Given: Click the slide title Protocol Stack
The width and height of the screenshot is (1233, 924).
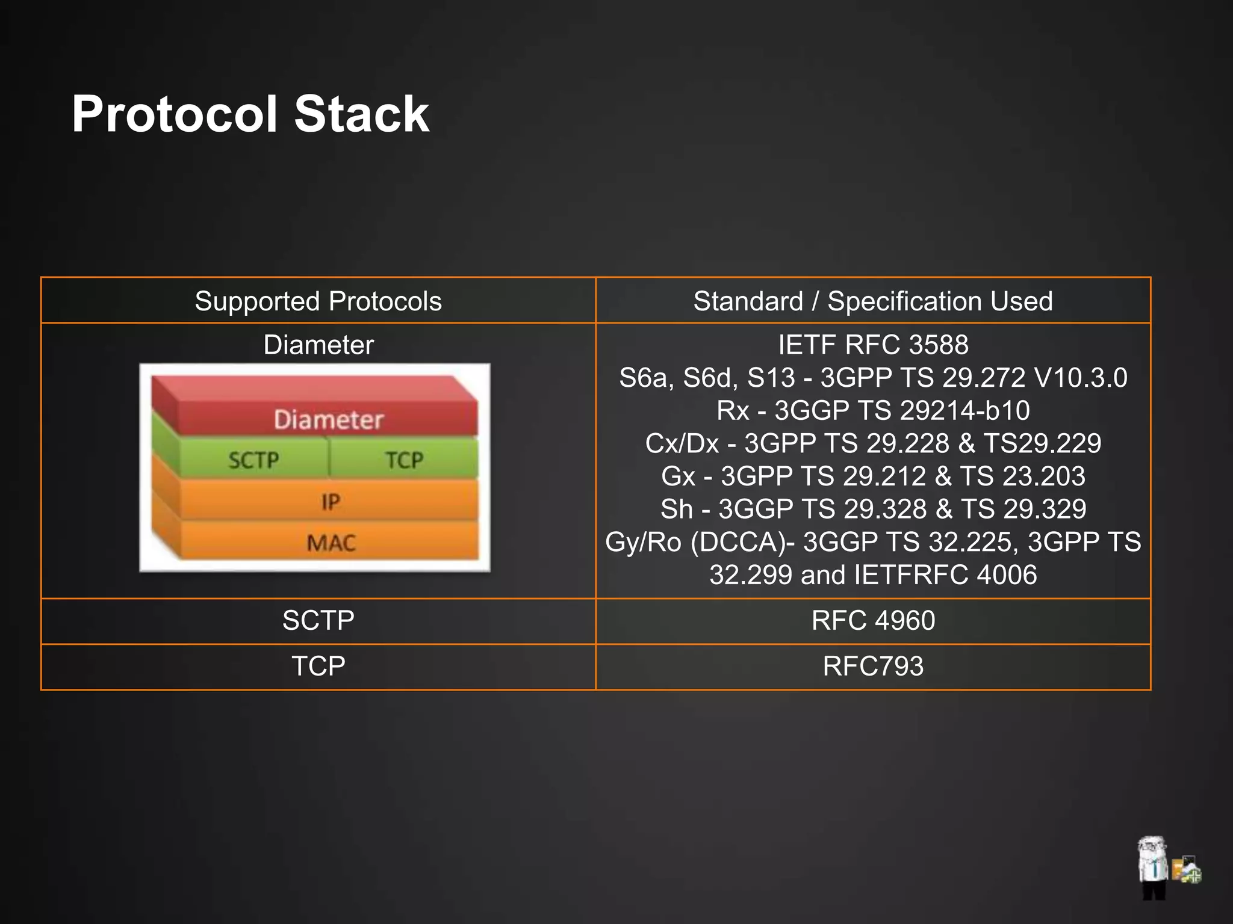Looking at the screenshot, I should pyautogui.click(x=250, y=114).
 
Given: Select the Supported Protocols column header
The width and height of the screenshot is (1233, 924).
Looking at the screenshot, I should pyautogui.click(x=318, y=301).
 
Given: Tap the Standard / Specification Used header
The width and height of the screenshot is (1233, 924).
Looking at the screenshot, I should pyautogui.click(x=872, y=301).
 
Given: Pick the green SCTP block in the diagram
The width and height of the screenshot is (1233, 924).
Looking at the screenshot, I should pyautogui.click(x=253, y=460).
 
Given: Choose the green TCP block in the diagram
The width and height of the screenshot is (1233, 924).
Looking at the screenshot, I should pyautogui.click(x=404, y=460).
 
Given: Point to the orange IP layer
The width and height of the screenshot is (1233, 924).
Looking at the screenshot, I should pyautogui.click(x=330, y=501).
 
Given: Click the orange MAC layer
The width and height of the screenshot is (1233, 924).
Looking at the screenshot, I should pyautogui.click(x=331, y=543).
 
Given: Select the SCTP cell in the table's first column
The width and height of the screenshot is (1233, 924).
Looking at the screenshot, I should pyautogui.click(x=318, y=620).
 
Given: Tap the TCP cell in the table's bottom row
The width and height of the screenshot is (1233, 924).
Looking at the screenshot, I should pyautogui.click(x=318, y=666).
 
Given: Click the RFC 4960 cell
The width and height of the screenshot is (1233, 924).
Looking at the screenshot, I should pyautogui.click(x=872, y=620).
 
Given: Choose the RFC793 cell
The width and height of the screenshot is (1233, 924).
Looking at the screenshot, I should pyautogui.click(x=872, y=666).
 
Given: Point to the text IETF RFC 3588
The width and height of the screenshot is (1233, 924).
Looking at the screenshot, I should pyautogui.click(x=872, y=345).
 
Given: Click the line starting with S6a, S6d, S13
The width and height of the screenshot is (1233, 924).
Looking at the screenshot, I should pyautogui.click(x=872, y=378).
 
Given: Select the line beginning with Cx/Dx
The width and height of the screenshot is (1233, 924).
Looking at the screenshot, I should pyautogui.click(x=872, y=443).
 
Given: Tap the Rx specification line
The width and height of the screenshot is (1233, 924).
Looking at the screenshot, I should pyautogui.click(x=872, y=410).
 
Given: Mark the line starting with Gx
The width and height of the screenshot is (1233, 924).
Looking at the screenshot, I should pyautogui.click(x=872, y=476).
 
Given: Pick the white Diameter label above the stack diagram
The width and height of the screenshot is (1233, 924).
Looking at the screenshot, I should pyautogui.click(x=318, y=345).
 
